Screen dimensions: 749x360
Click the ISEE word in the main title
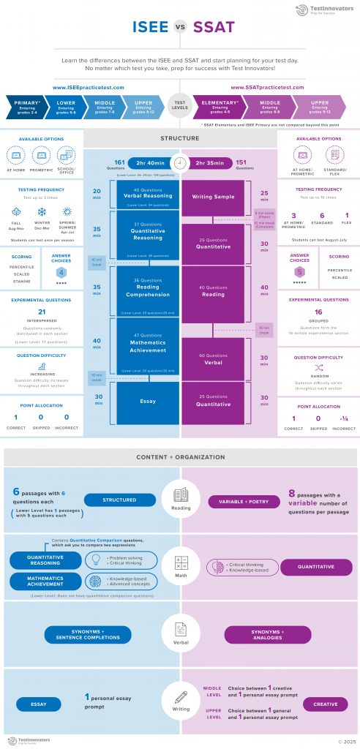tap(149, 28)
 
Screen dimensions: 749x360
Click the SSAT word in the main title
tap(214, 28)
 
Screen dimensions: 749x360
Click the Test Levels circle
tap(179, 106)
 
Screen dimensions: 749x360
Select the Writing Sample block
tap(213, 197)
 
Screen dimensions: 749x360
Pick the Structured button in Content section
tap(119, 501)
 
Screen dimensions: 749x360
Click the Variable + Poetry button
tap(240, 502)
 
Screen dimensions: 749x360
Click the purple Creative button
tap(325, 704)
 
